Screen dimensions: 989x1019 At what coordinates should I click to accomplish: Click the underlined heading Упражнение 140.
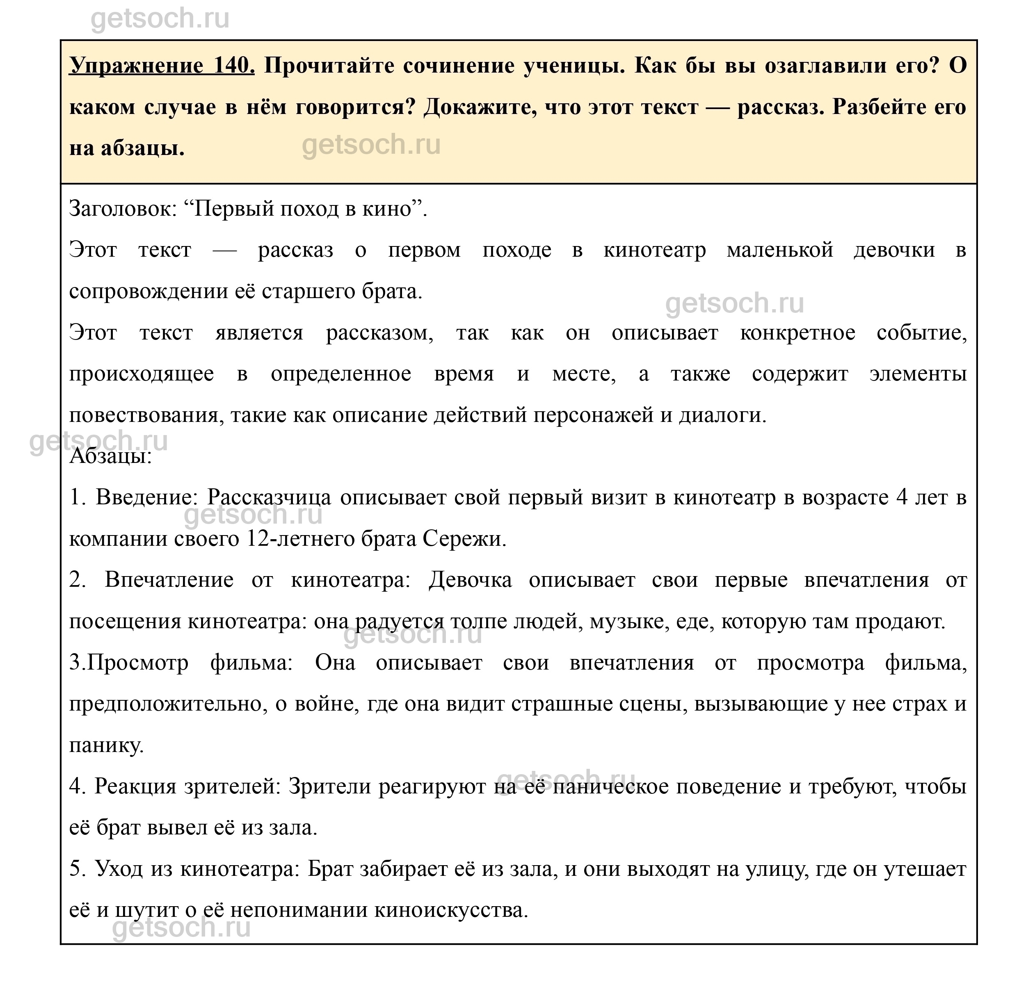click(162, 66)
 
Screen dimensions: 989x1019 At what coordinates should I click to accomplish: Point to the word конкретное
click(797, 333)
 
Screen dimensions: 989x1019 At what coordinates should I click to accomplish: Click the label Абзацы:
click(111, 456)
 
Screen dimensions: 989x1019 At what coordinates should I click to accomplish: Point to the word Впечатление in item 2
click(169, 580)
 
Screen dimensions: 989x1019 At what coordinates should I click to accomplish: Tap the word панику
click(107, 745)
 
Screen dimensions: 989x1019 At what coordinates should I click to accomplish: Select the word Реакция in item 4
click(135, 787)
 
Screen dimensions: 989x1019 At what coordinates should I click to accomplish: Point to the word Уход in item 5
click(119, 869)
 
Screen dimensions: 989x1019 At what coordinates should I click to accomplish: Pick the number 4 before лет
click(902, 497)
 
